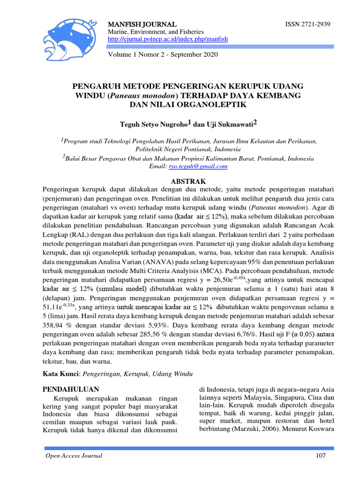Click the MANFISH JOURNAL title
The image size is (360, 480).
(142, 24)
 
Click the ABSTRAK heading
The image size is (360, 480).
(187, 181)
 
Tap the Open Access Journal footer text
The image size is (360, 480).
(73, 456)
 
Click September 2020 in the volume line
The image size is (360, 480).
(195, 54)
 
